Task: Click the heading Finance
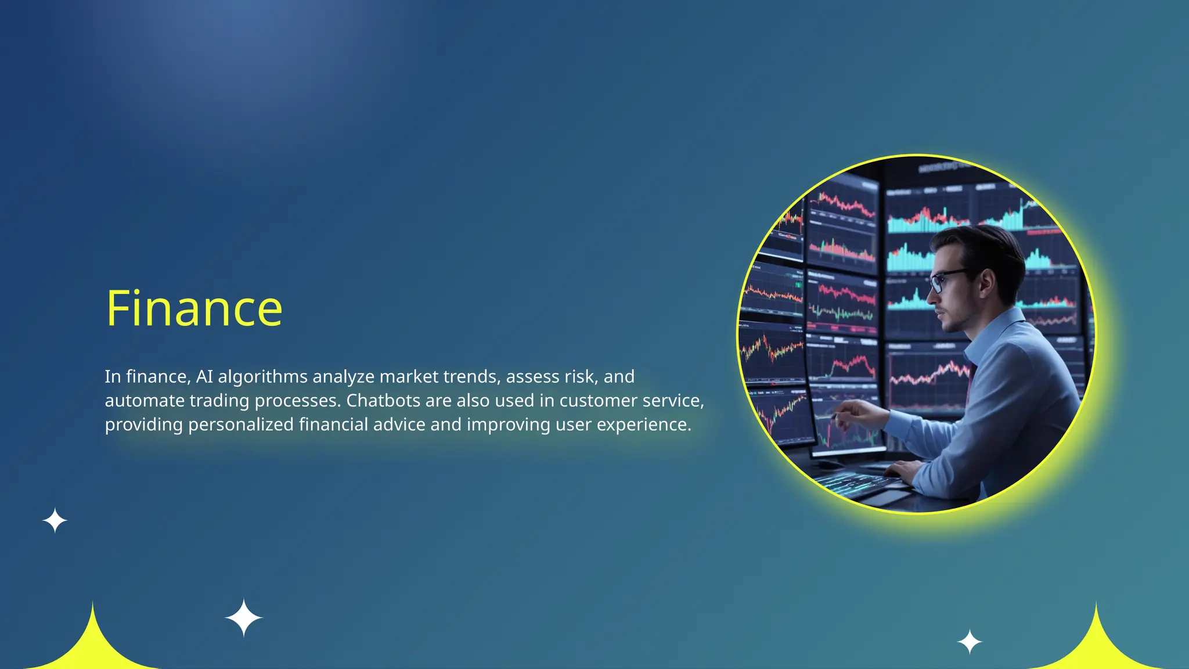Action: pos(194,308)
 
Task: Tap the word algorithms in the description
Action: pos(262,377)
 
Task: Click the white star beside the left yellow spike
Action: pos(244,618)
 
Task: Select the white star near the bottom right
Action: pos(969,642)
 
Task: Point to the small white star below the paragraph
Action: pos(55,520)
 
